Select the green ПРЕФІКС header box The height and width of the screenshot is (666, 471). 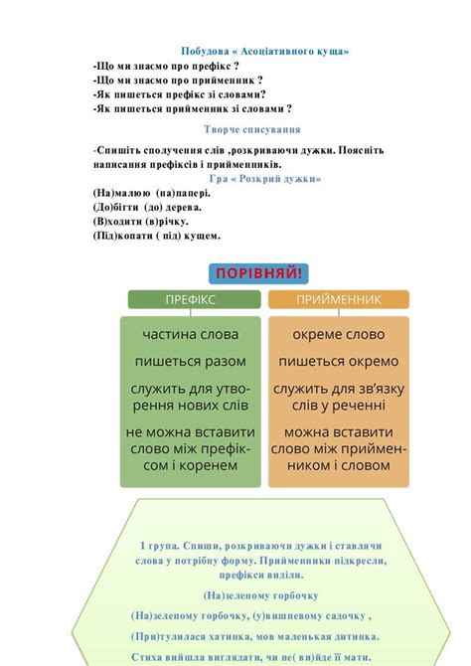click(x=193, y=299)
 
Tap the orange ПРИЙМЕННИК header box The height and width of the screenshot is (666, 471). click(x=338, y=299)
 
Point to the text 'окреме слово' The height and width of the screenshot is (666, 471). click(x=338, y=334)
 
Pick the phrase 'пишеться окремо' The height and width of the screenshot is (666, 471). click(x=338, y=361)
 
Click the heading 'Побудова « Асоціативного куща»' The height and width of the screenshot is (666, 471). click(x=264, y=51)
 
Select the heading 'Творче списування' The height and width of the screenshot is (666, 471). click(x=252, y=129)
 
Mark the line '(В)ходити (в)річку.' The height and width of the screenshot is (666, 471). click(x=141, y=222)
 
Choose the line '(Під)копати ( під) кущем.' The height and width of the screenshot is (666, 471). click(x=157, y=237)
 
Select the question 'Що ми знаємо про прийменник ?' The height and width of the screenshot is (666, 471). click(x=178, y=80)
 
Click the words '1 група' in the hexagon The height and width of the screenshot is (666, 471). click(x=159, y=546)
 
